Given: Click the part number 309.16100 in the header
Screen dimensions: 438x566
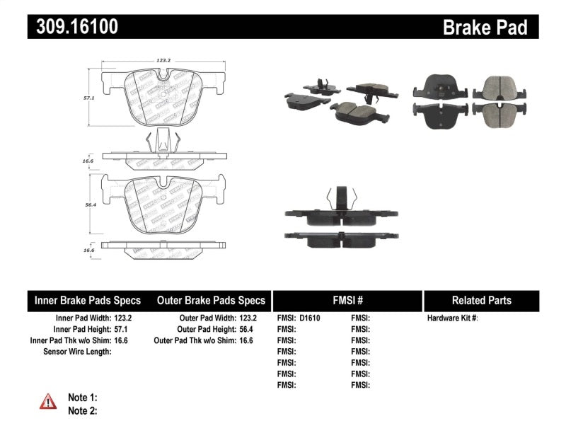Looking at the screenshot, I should point(73,27).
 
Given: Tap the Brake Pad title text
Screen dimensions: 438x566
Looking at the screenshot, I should point(485,27).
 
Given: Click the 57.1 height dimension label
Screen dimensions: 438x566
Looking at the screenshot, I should point(89,100).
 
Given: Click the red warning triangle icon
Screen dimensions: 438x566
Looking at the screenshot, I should point(47,402).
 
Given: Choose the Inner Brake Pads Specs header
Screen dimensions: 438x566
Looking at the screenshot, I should point(88,300).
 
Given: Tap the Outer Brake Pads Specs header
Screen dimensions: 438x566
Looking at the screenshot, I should point(211,300).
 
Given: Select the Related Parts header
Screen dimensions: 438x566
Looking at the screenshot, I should point(481,300).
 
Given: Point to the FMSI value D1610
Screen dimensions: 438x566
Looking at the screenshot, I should point(310,318).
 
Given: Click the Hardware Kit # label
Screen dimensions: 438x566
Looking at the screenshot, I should point(453,318).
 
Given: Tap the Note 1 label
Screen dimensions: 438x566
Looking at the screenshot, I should point(82,398).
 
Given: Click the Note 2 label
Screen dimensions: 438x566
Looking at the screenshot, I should point(82,410).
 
